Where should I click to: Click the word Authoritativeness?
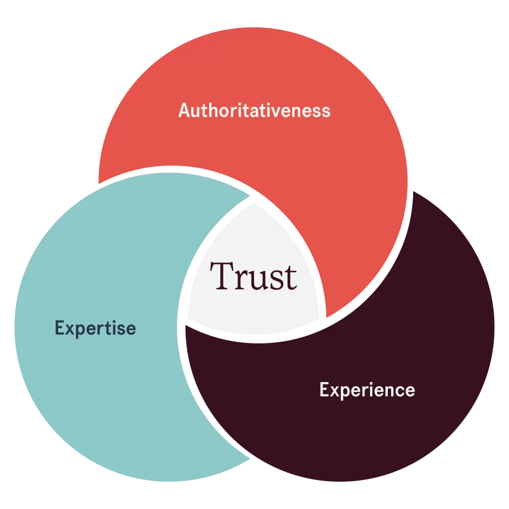(x=254, y=110)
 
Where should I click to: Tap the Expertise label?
(x=95, y=329)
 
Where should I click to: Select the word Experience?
(x=367, y=390)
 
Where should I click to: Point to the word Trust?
(x=254, y=276)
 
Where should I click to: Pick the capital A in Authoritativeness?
(x=185, y=110)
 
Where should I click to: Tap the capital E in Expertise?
(x=60, y=328)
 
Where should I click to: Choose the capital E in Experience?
(x=324, y=390)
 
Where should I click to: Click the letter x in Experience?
(x=335, y=391)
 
